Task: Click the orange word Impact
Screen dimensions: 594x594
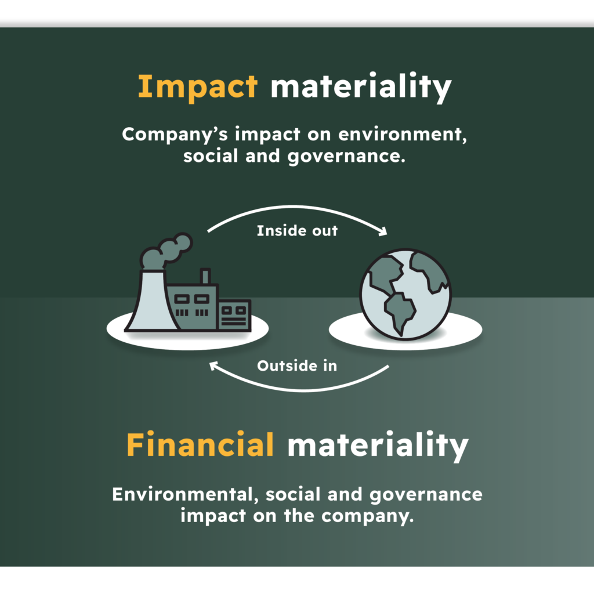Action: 197,88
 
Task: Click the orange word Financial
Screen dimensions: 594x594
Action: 200,445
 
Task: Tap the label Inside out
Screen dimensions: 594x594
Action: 297,231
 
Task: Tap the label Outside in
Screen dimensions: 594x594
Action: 297,366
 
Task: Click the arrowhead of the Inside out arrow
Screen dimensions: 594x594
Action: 383,231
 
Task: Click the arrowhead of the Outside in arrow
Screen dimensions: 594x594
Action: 214,366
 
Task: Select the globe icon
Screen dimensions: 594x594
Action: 405,294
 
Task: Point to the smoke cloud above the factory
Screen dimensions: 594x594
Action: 166,251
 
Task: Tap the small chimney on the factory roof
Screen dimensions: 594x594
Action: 205,277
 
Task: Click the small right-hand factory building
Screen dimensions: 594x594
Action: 234,316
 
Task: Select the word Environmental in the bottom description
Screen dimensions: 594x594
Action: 185,495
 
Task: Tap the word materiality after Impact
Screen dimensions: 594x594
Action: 361,88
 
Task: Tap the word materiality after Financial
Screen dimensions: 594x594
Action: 378,445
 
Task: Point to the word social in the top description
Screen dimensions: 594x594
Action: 211,156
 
